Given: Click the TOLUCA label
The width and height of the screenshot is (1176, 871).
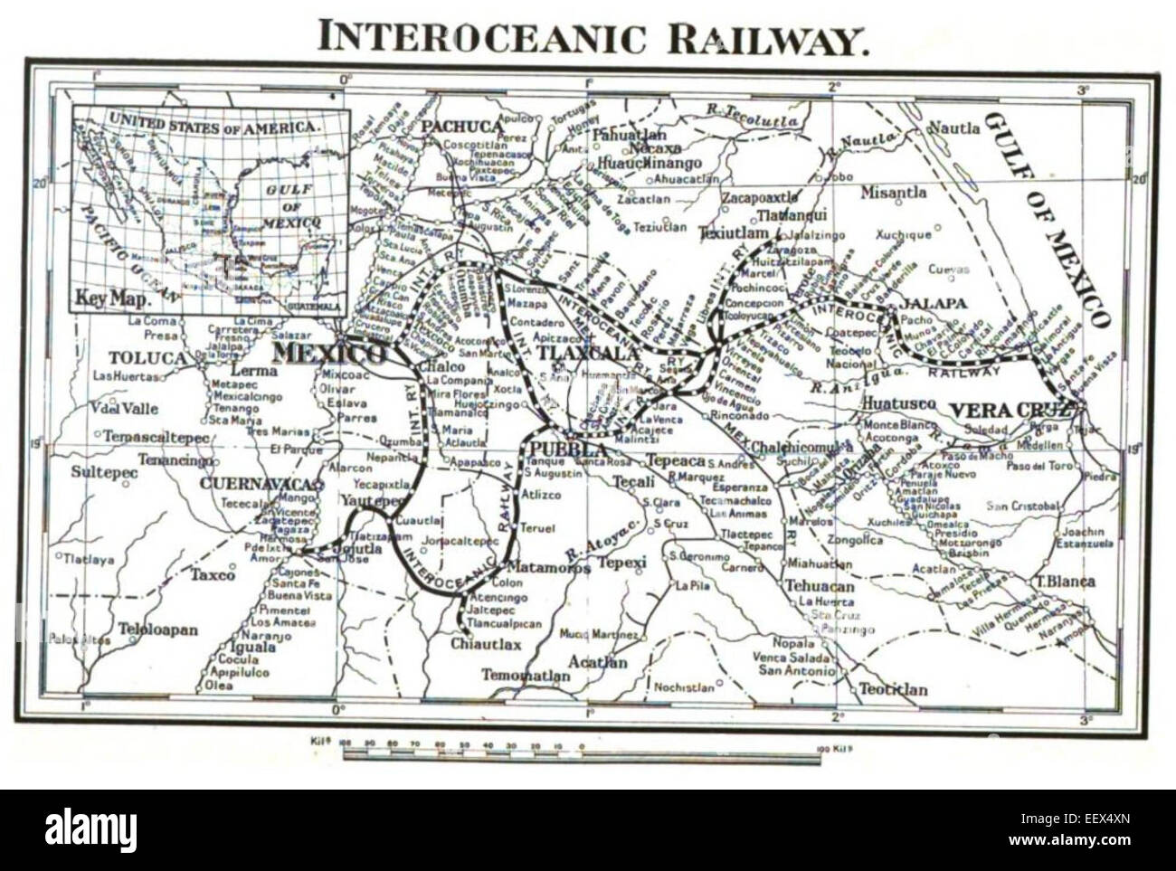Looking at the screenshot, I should [x=147, y=357].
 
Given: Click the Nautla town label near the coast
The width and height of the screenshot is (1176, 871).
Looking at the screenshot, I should [x=954, y=128].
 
